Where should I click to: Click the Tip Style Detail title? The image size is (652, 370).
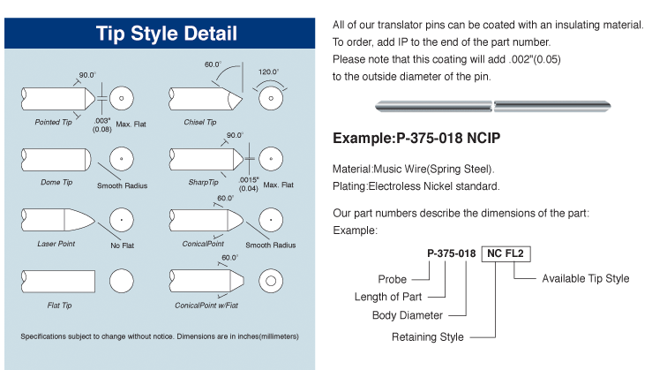click(167, 34)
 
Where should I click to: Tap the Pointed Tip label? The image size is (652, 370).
click(53, 122)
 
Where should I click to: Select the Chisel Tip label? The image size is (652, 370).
click(200, 122)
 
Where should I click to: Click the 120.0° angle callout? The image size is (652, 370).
click(268, 72)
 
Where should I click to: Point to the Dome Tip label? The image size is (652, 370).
click(56, 182)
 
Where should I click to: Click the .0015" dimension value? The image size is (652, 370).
click(249, 180)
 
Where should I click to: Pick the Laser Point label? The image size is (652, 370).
click(56, 244)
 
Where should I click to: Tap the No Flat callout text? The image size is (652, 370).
click(123, 245)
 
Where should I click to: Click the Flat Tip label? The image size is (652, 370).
click(59, 306)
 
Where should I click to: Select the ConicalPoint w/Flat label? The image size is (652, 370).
click(206, 306)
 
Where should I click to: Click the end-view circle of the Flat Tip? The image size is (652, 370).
click(122, 281)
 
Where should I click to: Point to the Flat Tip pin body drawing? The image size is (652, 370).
click(58, 282)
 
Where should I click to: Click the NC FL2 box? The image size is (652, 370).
click(506, 254)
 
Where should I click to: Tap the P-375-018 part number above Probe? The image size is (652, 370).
click(451, 253)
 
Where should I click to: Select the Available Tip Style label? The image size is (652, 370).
click(586, 278)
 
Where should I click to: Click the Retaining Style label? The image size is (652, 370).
click(427, 336)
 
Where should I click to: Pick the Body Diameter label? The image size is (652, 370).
click(408, 315)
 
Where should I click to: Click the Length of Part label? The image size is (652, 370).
click(388, 297)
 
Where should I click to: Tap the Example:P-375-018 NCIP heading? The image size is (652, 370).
click(416, 138)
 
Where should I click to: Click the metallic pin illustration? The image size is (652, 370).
click(492, 107)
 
